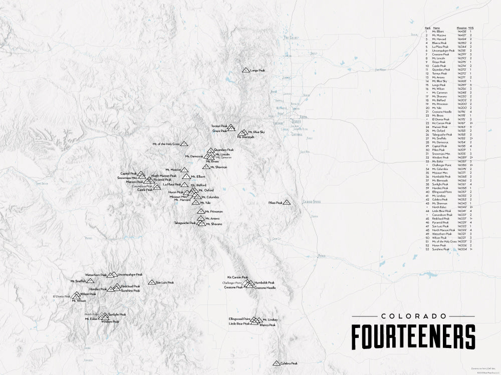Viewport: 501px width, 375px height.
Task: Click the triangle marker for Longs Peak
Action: click(x=245, y=70)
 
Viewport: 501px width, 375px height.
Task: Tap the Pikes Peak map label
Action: click(x=276, y=202)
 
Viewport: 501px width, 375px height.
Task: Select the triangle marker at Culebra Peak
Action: click(x=276, y=363)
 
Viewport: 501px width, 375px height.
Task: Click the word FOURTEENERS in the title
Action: click(x=413, y=336)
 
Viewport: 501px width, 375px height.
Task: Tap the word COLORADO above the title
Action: click(x=413, y=316)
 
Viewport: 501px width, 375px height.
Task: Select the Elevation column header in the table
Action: click(x=462, y=28)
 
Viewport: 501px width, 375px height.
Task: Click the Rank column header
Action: click(x=427, y=28)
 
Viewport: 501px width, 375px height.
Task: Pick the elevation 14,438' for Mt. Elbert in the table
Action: click(x=462, y=31)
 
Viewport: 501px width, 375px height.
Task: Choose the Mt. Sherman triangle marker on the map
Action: click(x=206, y=167)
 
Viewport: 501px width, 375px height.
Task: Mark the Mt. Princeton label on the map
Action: click(x=213, y=212)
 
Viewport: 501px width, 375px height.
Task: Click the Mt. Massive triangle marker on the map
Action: click(x=185, y=170)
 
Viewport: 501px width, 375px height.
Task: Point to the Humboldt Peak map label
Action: click(x=264, y=282)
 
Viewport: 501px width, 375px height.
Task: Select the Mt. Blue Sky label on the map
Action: click(x=256, y=132)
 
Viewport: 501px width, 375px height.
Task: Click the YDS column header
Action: click(x=471, y=28)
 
